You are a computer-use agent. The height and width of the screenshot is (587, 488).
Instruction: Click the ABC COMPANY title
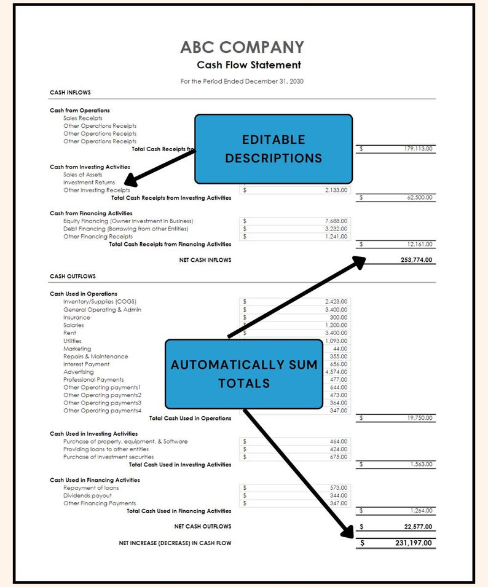242,47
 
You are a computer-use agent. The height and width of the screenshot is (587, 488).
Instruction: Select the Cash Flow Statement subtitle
249,65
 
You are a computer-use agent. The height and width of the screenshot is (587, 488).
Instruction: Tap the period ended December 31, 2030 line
242,81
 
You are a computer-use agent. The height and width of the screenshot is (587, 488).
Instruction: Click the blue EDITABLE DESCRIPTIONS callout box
274,149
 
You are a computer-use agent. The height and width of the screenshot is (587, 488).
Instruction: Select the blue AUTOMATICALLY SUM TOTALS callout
244,374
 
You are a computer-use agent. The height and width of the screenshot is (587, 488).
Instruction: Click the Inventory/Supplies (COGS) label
100,302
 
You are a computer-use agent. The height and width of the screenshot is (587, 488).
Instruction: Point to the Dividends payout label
87,495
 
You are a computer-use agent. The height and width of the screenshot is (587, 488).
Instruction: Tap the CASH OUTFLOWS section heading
73,277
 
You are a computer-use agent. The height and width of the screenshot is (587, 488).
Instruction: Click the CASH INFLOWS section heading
70,93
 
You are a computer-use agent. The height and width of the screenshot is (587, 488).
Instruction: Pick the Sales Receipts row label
83,118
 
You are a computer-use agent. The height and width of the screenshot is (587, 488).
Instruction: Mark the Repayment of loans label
91,488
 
